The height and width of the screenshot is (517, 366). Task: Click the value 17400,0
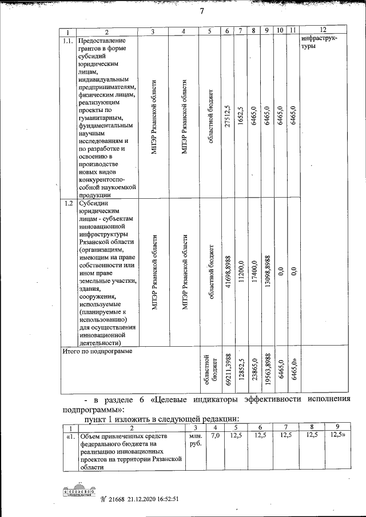pos(241,271)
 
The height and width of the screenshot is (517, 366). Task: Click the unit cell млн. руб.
pos(195,440)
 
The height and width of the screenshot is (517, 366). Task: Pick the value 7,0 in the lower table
pos(215,436)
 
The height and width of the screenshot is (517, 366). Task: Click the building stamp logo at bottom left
pos(78,491)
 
